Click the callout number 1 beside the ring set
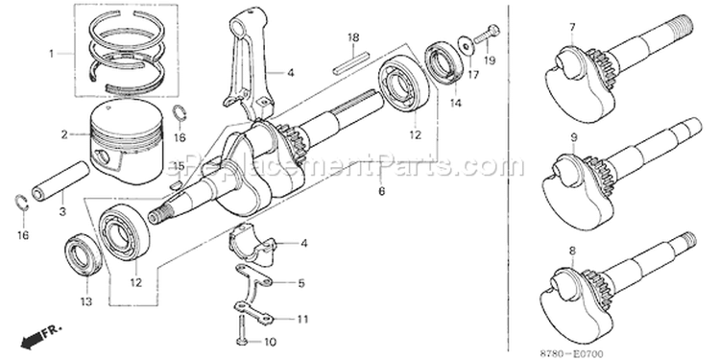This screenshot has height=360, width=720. pos(52,54)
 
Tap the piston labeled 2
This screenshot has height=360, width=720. pos(127,140)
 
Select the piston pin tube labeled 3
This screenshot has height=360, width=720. pos(60,180)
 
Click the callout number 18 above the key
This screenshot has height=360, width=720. pos(353,37)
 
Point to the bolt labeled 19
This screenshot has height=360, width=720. pos(487,35)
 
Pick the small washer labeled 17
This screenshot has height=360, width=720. pos(467,45)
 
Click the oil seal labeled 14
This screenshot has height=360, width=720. pos(444,63)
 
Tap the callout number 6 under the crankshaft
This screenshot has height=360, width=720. pos(381,191)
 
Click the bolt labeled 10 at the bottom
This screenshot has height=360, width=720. pos(242,329)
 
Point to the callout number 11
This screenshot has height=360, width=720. pos(302,319)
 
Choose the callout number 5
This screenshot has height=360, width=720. pos(301,283)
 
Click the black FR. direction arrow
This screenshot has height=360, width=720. pos(33,339)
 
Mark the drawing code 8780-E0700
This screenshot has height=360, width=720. pos(572,354)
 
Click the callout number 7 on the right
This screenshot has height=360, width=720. pos(572,27)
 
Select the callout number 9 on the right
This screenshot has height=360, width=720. pos(574,137)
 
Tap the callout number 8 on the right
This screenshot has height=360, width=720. pos(572,251)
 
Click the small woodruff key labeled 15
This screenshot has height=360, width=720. pos(176,186)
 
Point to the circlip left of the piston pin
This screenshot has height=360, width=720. pos(21,204)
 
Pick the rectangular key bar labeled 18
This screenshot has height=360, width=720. pos(351,63)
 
